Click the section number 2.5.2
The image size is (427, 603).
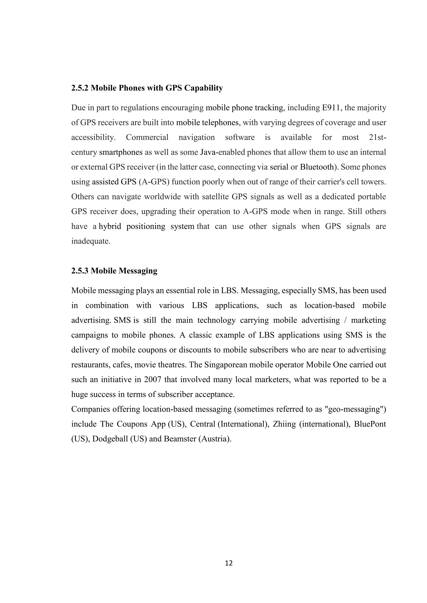[x=80, y=88]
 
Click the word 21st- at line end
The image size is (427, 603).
[x=378, y=137]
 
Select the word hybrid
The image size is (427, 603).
[x=110, y=226]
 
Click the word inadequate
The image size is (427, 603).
[x=90, y=241]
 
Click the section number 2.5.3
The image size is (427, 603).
[x=80, y=271]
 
